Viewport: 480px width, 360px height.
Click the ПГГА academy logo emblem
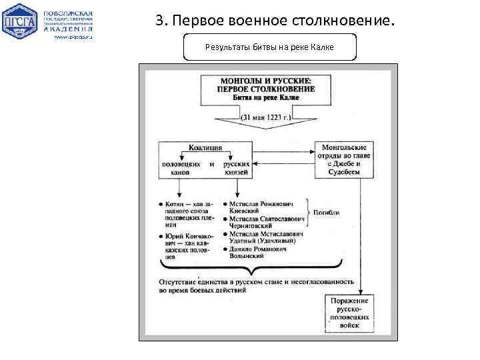20,22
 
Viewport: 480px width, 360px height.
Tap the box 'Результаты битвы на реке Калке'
269,47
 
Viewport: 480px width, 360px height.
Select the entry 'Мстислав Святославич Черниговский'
266,222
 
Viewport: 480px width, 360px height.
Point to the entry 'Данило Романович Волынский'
259,253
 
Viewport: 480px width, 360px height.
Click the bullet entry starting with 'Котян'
187,213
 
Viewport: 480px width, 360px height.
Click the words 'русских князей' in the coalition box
237,167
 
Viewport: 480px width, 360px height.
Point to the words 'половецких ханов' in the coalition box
179,167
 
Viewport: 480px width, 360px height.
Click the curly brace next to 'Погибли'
309,213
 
